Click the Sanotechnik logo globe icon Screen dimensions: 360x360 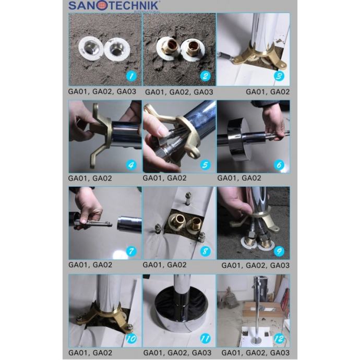102,6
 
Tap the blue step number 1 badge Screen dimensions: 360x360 131,76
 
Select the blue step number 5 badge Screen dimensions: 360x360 205,165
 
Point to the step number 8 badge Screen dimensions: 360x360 205,251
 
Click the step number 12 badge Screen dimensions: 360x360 279,339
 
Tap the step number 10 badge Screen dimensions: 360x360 131,339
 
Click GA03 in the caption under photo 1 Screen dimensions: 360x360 126,92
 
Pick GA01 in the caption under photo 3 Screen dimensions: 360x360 256,92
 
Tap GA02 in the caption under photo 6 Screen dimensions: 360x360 251,178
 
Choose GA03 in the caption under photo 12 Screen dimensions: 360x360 280,353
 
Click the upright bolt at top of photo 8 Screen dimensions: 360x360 188,198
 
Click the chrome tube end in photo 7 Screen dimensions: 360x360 129,224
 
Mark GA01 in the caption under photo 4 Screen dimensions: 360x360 78,178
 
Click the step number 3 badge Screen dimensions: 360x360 279,76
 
